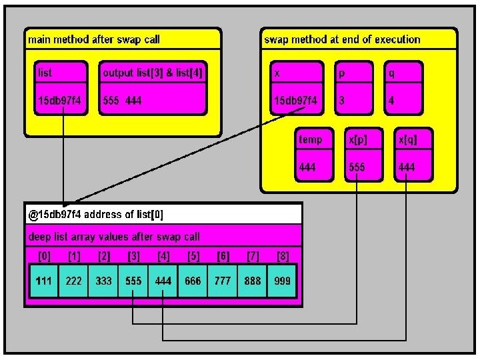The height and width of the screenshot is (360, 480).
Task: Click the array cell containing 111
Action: pos(44,281)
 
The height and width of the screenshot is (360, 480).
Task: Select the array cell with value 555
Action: pos(133,281)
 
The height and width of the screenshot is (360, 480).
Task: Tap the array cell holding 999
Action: pos(282,281)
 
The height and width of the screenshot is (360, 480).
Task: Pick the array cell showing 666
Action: pos(193,281)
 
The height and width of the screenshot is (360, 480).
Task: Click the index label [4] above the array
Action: pos(163,256)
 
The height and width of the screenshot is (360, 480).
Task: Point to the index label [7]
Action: pos(252,256)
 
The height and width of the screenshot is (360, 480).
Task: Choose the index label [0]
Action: pos(44,256)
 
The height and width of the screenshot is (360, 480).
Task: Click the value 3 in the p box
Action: pos(342,101)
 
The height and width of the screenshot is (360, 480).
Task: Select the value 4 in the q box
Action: pos(391,101)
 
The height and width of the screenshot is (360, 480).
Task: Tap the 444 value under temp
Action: pos(307,167)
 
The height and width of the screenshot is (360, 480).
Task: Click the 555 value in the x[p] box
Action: pos(357,167)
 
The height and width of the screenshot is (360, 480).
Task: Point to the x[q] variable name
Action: pos(406,140)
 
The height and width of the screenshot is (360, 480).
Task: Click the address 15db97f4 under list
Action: pos(61,101)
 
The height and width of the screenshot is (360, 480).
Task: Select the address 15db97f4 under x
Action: pos(295,101)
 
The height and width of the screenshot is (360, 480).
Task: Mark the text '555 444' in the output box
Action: pos(122,101)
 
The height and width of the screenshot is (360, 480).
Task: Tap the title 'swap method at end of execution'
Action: pos(342,39)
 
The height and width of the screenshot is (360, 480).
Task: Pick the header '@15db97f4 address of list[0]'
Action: pos(95,215)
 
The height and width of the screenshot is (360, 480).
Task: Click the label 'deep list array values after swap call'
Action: pos(113,236)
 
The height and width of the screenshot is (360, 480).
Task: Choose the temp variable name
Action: pos(310,140)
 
